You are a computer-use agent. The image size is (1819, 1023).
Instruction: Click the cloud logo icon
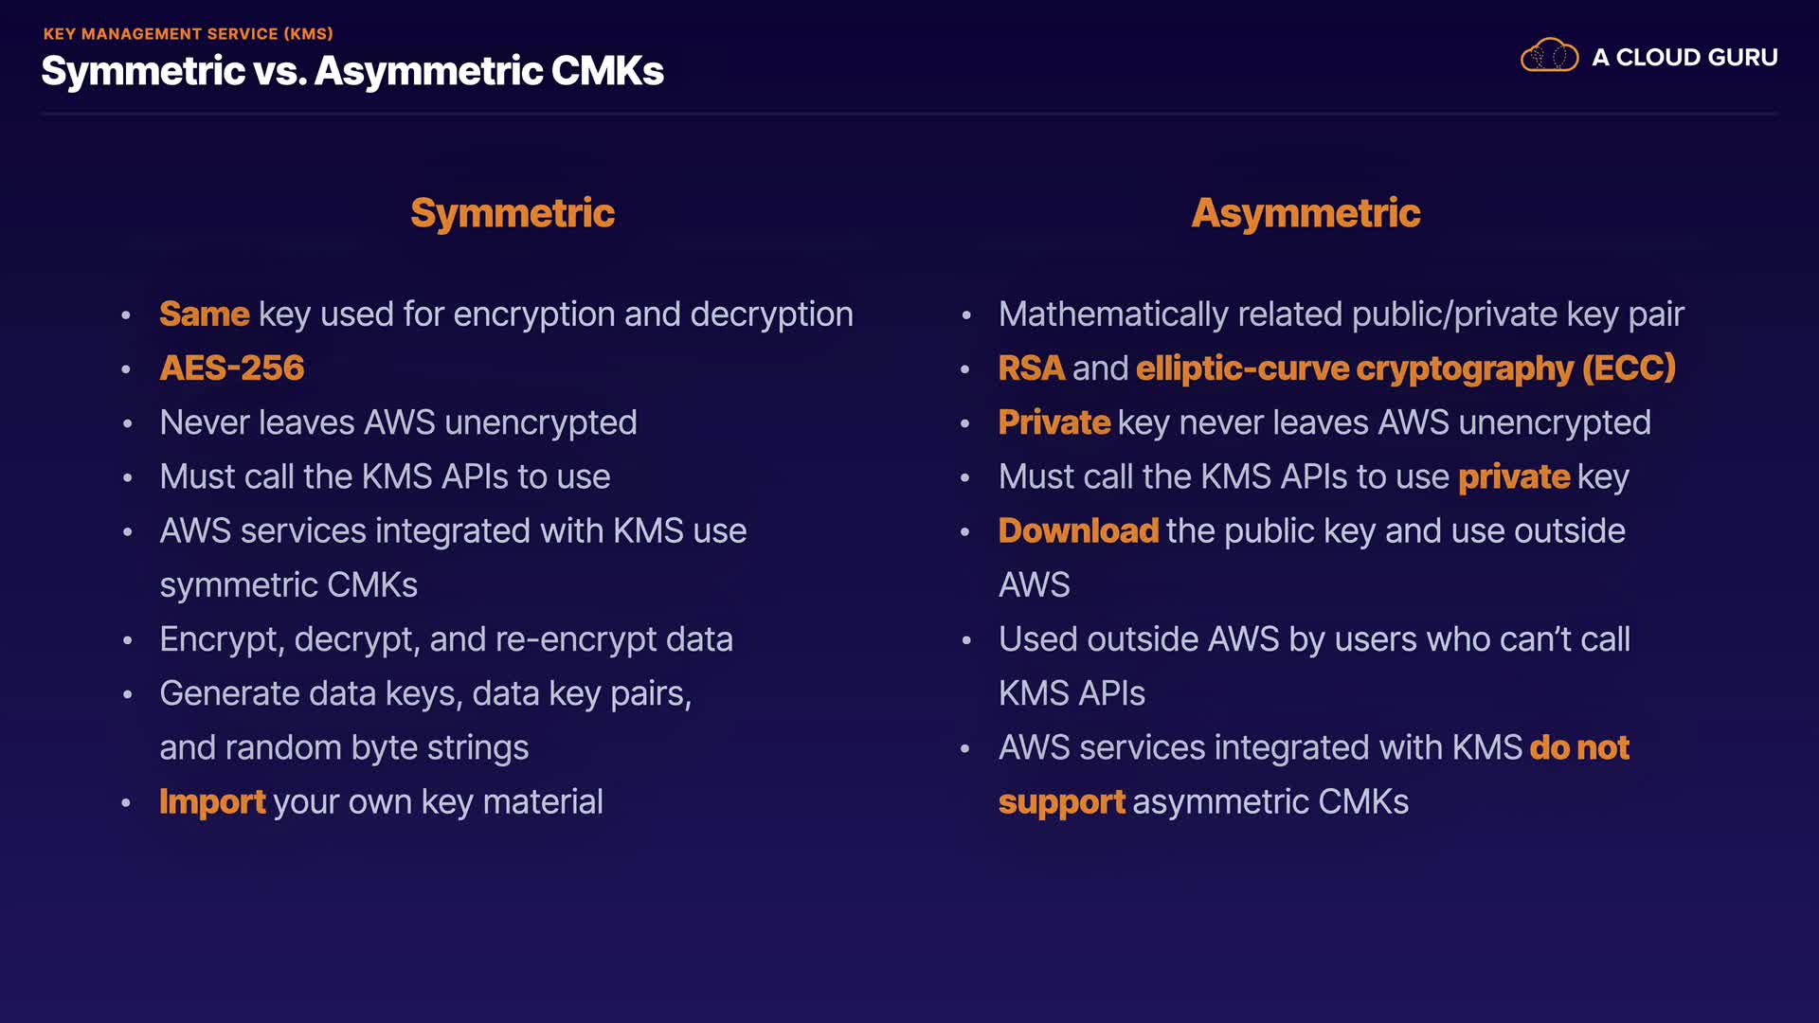pyautogui.click(x=1549, y=56)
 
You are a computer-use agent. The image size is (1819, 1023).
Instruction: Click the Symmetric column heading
pyautogui.click(x=513, y=213)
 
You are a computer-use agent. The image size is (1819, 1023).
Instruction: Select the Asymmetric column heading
pyautogui.click(x=1306, y=213)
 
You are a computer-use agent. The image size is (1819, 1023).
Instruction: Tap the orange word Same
pyautogui.click(x=204, y=314)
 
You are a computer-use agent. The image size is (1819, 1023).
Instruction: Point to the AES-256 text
pyautogui.click(x=232, y=368)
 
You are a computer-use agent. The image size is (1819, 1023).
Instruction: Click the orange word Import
pyautogui.click(x=212, y=802)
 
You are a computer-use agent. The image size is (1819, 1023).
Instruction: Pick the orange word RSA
pyautogui.click(x=1032, y=368)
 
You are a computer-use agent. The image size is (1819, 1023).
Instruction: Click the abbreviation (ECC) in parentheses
pyautogui.click(x=1629, y=368)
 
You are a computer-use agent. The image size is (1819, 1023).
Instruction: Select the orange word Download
pyautogui.click(x=1078, y=531)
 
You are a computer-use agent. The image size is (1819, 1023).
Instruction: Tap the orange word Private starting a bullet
pyautogui.click(x=1054, y=422)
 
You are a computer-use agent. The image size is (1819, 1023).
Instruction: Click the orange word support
pyautogui.click(x=1061, y=802)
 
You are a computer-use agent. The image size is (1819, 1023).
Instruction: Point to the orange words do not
pyautogui.click(x=1579, y=748)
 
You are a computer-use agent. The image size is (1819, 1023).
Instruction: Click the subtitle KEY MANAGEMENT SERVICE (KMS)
pyautogui.click(x=188, y=34)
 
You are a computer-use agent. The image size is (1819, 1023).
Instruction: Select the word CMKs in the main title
pyautogui.click(x=607, y=71)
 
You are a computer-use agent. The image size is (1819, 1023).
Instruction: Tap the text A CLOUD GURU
pyautogui.click(x=1684, y=58)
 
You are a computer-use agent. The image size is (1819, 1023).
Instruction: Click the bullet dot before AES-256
pyautogui.click(x=126, y=369)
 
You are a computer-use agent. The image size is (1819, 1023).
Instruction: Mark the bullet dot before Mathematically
pyautogui.click(x=966, y=315)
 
